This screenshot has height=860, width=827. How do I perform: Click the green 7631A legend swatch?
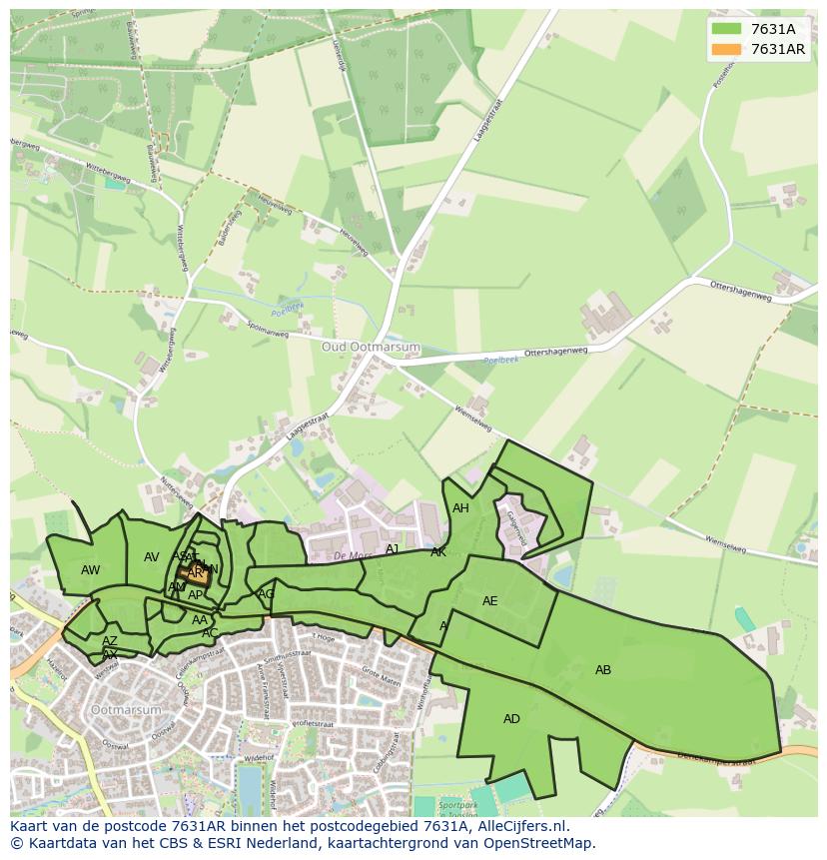tap(728, 29)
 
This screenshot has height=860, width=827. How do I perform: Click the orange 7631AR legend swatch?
tap(728, 49)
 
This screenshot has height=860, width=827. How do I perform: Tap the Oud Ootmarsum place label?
tap(371, 347)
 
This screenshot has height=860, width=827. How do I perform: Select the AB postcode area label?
tap(603, 670)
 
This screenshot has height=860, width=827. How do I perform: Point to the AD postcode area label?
tap(511, 719)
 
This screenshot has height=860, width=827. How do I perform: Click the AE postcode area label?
tap(489, 601)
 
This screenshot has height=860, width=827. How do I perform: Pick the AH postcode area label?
tap(460, 508)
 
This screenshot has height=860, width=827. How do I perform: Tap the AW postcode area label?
tap(91, 570)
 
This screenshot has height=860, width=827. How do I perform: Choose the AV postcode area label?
tap(152, 557)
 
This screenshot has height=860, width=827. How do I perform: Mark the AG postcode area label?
tap(266, 594)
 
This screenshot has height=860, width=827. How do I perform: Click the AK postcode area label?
tap(438, 552)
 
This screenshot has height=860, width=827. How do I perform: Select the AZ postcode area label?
tap(110, 641)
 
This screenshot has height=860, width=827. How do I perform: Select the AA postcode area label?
tap(200, 620)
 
